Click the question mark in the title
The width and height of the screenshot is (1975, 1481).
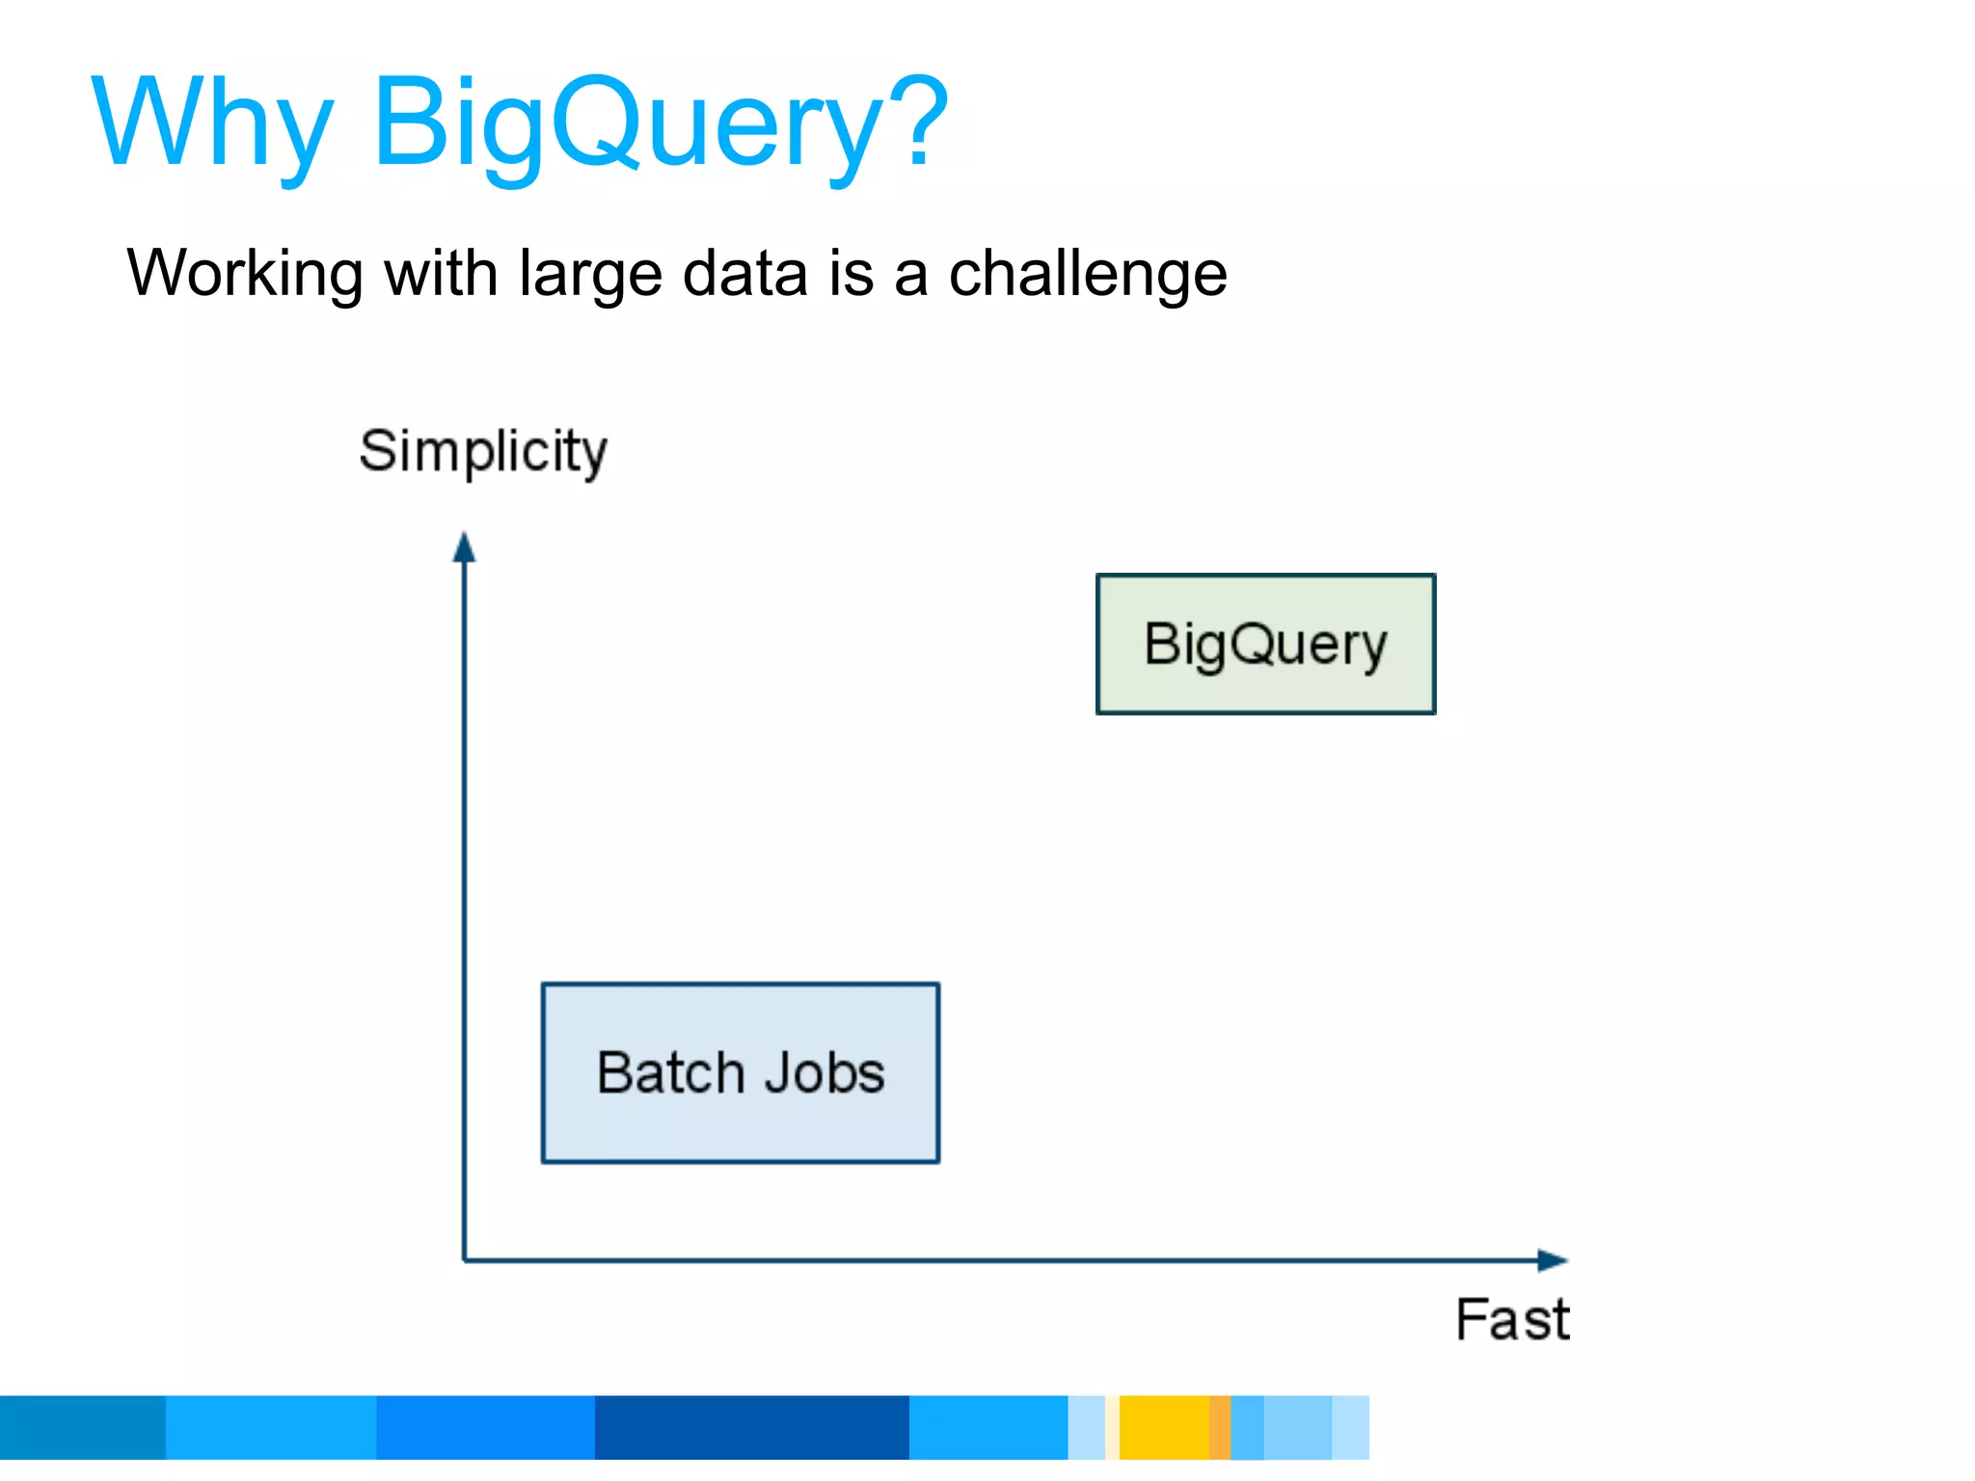916,121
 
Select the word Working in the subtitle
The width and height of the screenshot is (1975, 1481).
245,275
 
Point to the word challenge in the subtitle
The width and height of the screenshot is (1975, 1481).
1088,275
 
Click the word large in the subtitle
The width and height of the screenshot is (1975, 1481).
590,275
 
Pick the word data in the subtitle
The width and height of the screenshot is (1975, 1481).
744,273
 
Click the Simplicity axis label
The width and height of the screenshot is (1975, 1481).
483,451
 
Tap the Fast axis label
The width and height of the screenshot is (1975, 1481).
1512,1319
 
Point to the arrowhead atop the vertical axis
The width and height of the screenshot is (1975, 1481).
464,548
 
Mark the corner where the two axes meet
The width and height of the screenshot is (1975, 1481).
465,1259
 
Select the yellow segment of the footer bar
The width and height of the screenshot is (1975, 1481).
1164,1427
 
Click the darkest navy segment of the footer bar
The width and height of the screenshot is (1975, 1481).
751,1427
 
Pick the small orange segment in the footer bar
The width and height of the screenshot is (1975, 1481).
1219,1427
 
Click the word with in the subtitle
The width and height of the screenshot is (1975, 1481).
440,273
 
